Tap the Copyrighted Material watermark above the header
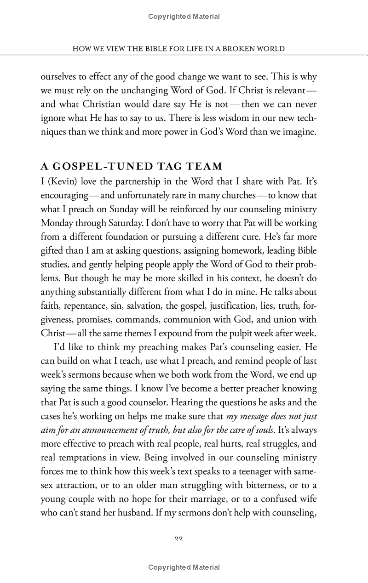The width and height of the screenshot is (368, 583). (184, 17)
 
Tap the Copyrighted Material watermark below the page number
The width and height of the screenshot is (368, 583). (184, 567)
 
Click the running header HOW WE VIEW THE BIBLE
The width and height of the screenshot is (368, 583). (179, 49)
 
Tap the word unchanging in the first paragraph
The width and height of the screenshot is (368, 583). (151, 89)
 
